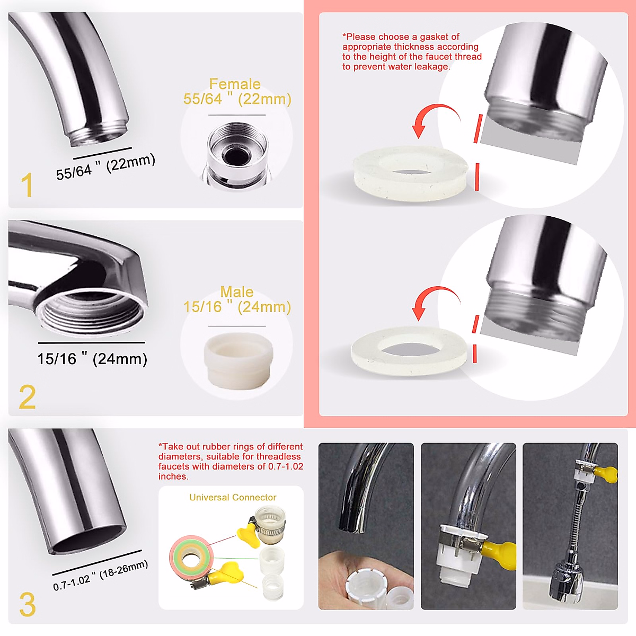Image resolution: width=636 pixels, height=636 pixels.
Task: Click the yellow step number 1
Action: tap(27, 185)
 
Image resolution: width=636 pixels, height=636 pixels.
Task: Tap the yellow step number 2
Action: tap(28, 396)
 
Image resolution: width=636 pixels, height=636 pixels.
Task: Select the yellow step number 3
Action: tap(28, 604)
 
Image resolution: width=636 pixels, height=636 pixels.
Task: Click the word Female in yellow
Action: tap(235, 84)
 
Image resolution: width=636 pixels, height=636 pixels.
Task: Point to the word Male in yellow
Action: tap(237, 291)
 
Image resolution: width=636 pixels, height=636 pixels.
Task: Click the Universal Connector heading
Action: tap(233, 497)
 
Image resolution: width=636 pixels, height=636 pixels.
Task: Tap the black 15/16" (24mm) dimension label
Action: tap(92, 359)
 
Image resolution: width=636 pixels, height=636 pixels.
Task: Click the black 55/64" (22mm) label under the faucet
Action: tap(105, 166)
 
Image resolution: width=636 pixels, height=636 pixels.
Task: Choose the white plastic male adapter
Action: tap(238, 361)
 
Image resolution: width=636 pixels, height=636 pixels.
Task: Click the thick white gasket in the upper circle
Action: tap(410, 173)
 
